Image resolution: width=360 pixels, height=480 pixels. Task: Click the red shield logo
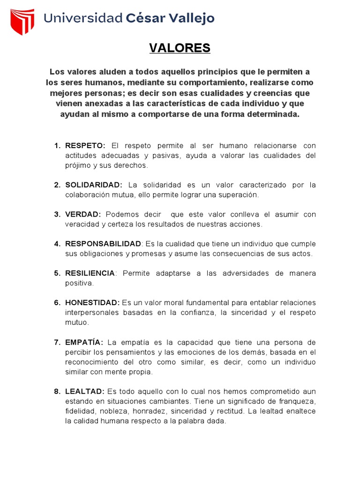[22, 21]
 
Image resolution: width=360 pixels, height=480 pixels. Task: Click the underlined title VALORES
[180, 48]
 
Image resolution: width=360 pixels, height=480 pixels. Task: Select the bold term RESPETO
[85, 145]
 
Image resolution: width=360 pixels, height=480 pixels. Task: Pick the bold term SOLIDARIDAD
[93, 185]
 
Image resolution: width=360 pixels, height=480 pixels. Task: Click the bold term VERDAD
[83, 214]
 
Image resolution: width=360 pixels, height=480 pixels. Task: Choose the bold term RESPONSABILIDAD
[103, 244]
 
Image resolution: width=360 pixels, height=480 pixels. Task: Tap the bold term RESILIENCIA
[90, 273]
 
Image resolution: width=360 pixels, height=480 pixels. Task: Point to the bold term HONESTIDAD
[92, 303]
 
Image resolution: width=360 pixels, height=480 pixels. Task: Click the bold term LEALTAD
[84, 391]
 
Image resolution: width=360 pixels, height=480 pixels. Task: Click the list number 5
[57, 273]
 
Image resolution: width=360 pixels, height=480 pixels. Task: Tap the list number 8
[57, 391]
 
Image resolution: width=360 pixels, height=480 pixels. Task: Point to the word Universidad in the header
[83, 18]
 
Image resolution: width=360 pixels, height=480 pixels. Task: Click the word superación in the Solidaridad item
[237, 195]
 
